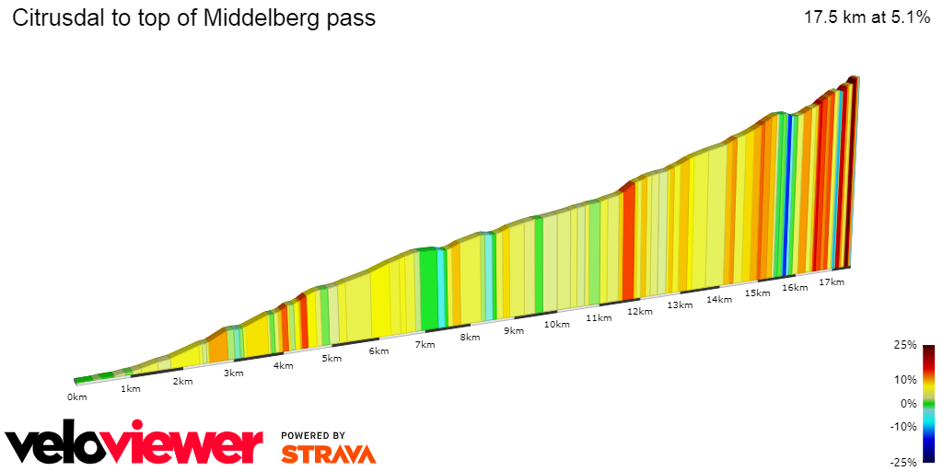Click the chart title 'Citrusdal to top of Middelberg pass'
point(193,18)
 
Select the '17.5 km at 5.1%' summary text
point(867,17)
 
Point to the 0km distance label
point(76,397)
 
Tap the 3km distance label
point(233,373)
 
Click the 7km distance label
point(425,344)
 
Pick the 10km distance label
point(556,324)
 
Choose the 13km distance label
point(680,304)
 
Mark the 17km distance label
point(831,281)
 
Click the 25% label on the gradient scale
point(905,345)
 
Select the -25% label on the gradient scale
point(903,462)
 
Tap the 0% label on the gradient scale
point(908,403)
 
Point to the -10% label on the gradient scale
point(903,426)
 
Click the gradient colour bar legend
point(929,403)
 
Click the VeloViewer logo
point(134,444)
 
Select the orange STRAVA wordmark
point(328,454)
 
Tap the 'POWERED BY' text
point(313,435)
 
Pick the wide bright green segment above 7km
point(428,289)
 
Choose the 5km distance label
point(332,358)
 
